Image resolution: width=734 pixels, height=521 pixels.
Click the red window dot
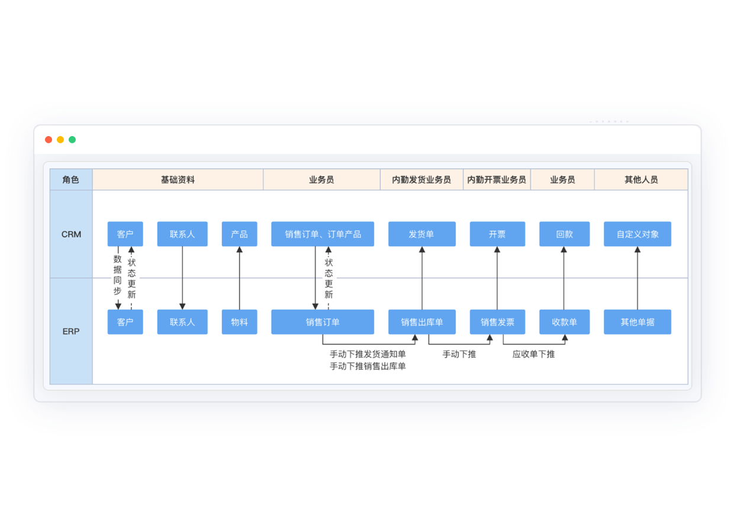49,140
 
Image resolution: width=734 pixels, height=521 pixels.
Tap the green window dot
72,140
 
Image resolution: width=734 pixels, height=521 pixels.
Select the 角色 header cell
71,179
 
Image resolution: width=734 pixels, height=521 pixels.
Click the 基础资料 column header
178,179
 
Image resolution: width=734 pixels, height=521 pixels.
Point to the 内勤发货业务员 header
421,179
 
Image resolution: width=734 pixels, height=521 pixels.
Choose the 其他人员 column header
641,179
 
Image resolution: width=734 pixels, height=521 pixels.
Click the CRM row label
71,234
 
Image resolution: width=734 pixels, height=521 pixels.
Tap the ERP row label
71,332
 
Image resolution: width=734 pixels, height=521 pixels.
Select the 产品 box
239,234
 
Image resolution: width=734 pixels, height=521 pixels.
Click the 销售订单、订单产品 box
323,234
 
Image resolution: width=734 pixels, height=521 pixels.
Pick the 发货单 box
421,234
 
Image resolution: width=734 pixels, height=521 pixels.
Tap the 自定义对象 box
638,234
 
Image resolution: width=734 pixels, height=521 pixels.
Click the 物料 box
239,322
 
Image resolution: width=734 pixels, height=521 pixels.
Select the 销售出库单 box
421,322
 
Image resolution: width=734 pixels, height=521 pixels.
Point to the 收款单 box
564,322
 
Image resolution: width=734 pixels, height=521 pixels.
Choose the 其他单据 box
638,322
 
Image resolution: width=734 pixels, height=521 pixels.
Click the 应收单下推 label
533,354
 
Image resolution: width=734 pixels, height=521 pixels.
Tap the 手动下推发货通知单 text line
368,354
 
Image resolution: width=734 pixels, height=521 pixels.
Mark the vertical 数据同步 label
118,275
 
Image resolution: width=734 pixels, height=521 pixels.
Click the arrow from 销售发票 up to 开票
497,278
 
